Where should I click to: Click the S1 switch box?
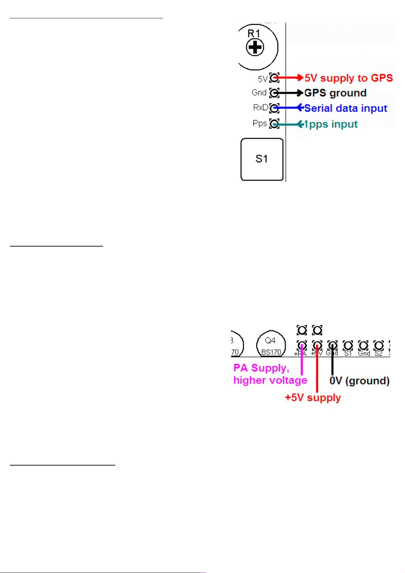[x=262, y=159]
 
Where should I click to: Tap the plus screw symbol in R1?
[x=255, y=47]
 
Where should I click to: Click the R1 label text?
[x=254, y=33]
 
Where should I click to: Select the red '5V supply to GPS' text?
[x=349, y=78]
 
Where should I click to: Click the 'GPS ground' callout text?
[x=335, y=93]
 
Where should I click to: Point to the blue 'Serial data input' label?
[x=345, y=108]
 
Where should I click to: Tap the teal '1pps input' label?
[x=331, y=124]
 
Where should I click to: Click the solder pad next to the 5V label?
[x=274, y=78]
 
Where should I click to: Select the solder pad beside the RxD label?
[x=274, y=108]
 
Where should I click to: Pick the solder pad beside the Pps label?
[x=274, y=123]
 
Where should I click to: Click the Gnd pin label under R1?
[x=259, y=92]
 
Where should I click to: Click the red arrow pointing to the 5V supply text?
[x=289, y=78]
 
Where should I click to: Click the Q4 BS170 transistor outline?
[x=271, y=345]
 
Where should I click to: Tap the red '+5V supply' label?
[x=313, y=398]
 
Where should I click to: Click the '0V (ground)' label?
[x=359, y=381]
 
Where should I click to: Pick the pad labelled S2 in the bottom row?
[x=378, y=346]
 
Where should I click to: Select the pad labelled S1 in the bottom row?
[x=348, y=346]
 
